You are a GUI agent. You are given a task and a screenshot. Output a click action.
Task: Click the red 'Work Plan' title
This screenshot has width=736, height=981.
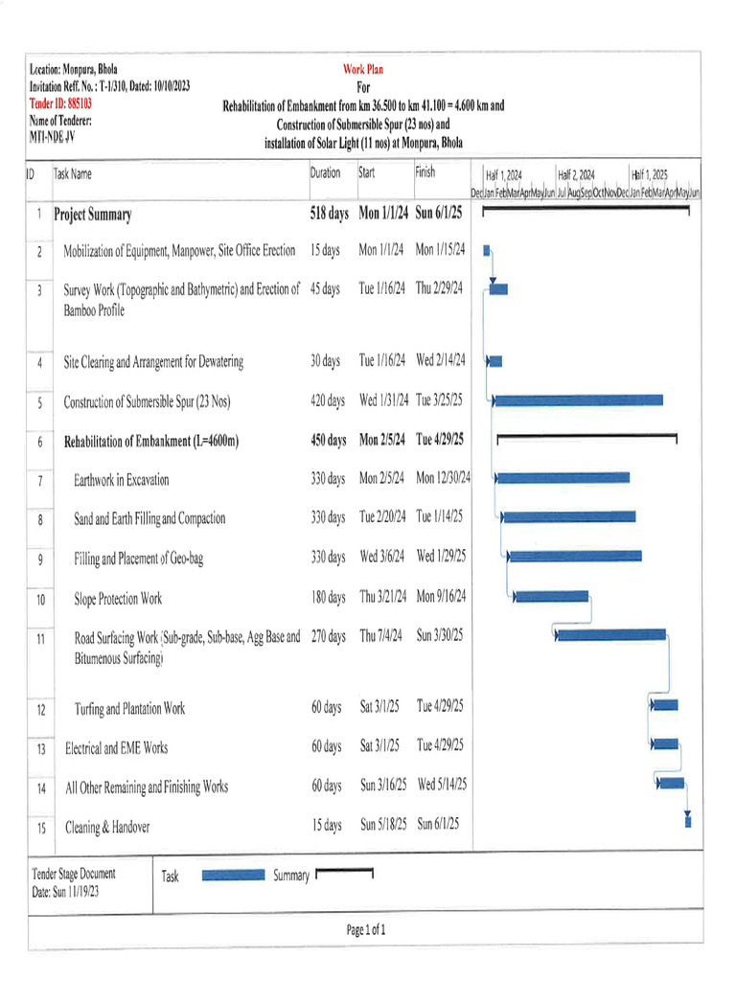[x=363, y=69]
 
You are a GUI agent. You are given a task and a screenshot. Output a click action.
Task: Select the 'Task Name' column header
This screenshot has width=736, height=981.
[x=73, y=174]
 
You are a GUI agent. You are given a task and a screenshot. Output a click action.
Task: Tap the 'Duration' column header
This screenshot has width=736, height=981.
[x=325, y=173]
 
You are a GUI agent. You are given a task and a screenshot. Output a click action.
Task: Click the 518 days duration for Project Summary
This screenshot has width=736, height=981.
[x=329, y=214]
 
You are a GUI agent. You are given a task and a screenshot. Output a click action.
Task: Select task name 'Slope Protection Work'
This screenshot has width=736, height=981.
[x=118, y=599]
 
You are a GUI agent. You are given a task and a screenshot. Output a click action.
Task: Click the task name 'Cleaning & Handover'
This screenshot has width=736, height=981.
[x=106, y=826]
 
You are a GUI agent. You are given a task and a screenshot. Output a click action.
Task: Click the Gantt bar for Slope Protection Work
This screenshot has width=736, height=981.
[x=551, y=597]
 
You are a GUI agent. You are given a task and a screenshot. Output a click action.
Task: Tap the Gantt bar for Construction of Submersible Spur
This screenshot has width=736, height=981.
[x=577, y=400]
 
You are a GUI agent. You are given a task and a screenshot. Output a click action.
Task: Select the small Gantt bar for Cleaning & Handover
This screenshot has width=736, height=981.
[x=687, y=818]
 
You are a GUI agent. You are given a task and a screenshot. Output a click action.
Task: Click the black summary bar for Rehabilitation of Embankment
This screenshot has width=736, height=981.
[x=586, y=437]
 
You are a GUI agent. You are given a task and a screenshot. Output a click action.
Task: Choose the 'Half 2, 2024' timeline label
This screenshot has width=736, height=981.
[x=576, y=175]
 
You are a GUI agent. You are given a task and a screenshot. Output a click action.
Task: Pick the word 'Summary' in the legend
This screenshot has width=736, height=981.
[x=290, y=876]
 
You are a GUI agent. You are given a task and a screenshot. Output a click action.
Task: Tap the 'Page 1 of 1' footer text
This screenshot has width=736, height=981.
[x=366, y=929]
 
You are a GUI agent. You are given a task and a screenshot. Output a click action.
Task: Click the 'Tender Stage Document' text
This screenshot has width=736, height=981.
[x=74, y=874]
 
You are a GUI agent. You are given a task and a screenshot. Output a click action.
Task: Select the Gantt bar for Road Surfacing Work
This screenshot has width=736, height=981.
[x=610, y=634]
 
